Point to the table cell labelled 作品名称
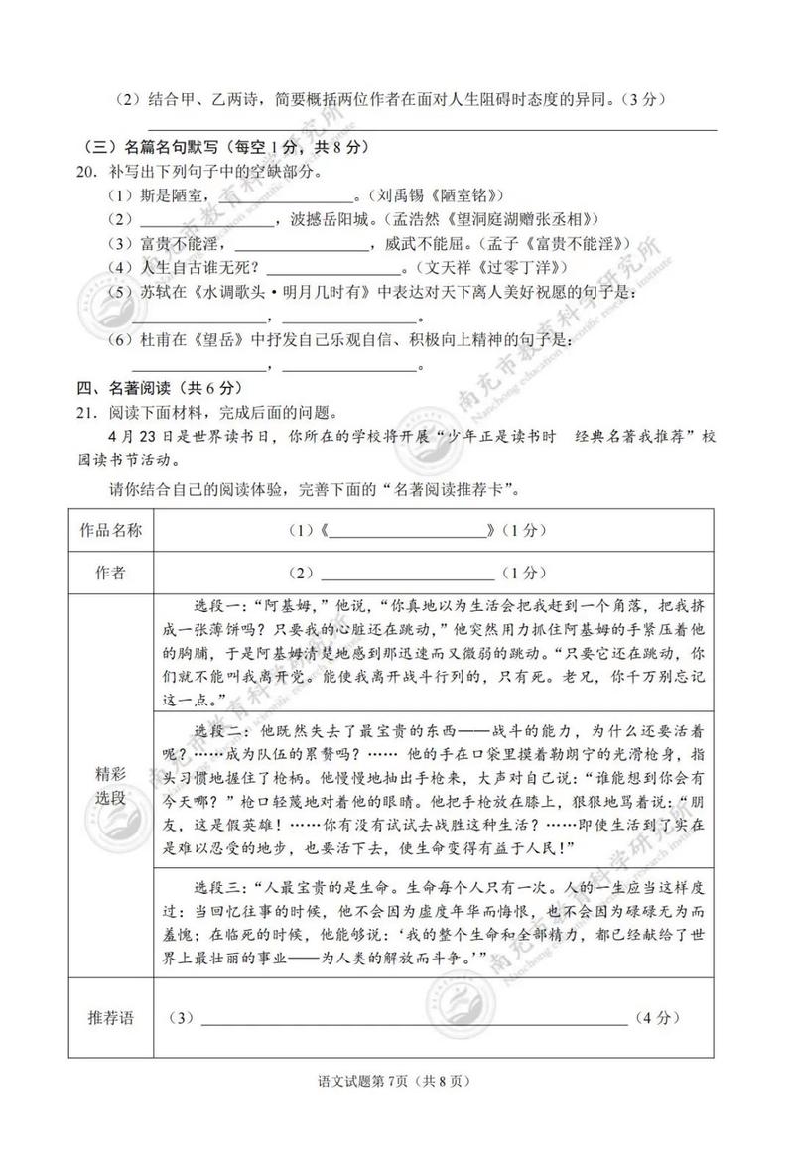tap(110, 530)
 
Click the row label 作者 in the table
tap(110, 573)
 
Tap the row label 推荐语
tap(110, 1018)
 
